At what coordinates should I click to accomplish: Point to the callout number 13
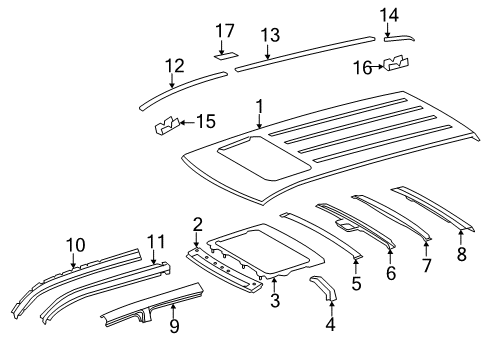[x=269, y=35]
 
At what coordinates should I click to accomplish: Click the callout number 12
[x=174, y=66]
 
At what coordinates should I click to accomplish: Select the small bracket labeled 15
[x=165, y=126]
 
